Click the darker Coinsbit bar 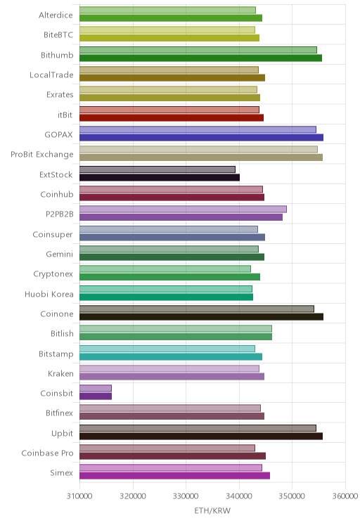pyautogui.click(x=96, y=396)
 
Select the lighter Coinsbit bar pyautogui.click(x=96, y=388)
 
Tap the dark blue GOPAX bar pyautogui.click(x=201, y=137)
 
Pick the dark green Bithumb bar pyautogui.click(x=200, y=58)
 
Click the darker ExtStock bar pyautogui.click(x=160, y=177)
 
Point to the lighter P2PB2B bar pyautogui.click(x=183, y=209)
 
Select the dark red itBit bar pyautogui.click(x=172, y=117)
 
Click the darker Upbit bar pyautogui.click(x=201, y=436)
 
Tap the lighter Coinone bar pyautogui.click(x=196, y=309)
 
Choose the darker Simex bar pyautogui.click(x=174, y=476)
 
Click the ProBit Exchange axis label pyautogui.click(x=42, y=155)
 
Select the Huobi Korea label pyautogui.click(x=49, y=294)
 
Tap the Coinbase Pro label pyautogui.click(x=47, y=453)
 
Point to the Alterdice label pyautogui.click(x=56, y=15)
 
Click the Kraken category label pyautogui.click(x=60, y=373)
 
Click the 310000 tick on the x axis pyautogui.click(x=79, y=496)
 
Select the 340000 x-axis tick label pyautogui.click(x=239, y=496)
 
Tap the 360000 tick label pyautogui.click(x=345, y=496)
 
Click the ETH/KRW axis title pyautogui.click(x=212, y=510)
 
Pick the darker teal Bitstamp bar pyautogui.click(x=171, y=356)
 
